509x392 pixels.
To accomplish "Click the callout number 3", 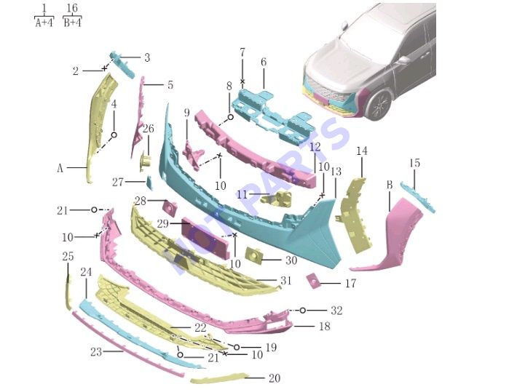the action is (x=147, y=57).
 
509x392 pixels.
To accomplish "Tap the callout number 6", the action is (x=264, y=62).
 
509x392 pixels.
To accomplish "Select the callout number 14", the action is (x=362, y=151).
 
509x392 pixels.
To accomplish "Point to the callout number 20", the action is (x=275, y=378).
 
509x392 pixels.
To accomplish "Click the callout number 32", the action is (x=336, y=311).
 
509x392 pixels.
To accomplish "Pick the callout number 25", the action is (x=68, y=257).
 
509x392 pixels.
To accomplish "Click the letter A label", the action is (x=60, y=168).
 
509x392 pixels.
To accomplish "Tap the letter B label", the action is (x=390, y=185).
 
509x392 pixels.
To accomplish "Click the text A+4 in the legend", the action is (x=44, y=23).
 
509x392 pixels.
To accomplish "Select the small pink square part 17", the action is (x=313, y=281).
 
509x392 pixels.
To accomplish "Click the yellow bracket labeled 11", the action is (x=276, y=198).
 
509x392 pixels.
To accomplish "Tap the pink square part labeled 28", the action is (x=170, y=207).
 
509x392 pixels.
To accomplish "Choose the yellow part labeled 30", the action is (x=254, y=255).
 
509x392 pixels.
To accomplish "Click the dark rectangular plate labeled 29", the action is (x=205, y=239).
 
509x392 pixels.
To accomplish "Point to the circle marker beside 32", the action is (x=302, y=311).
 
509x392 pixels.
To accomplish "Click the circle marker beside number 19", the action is (x=237, y=347).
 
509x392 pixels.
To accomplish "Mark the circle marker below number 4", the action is (x=114, y=135).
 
